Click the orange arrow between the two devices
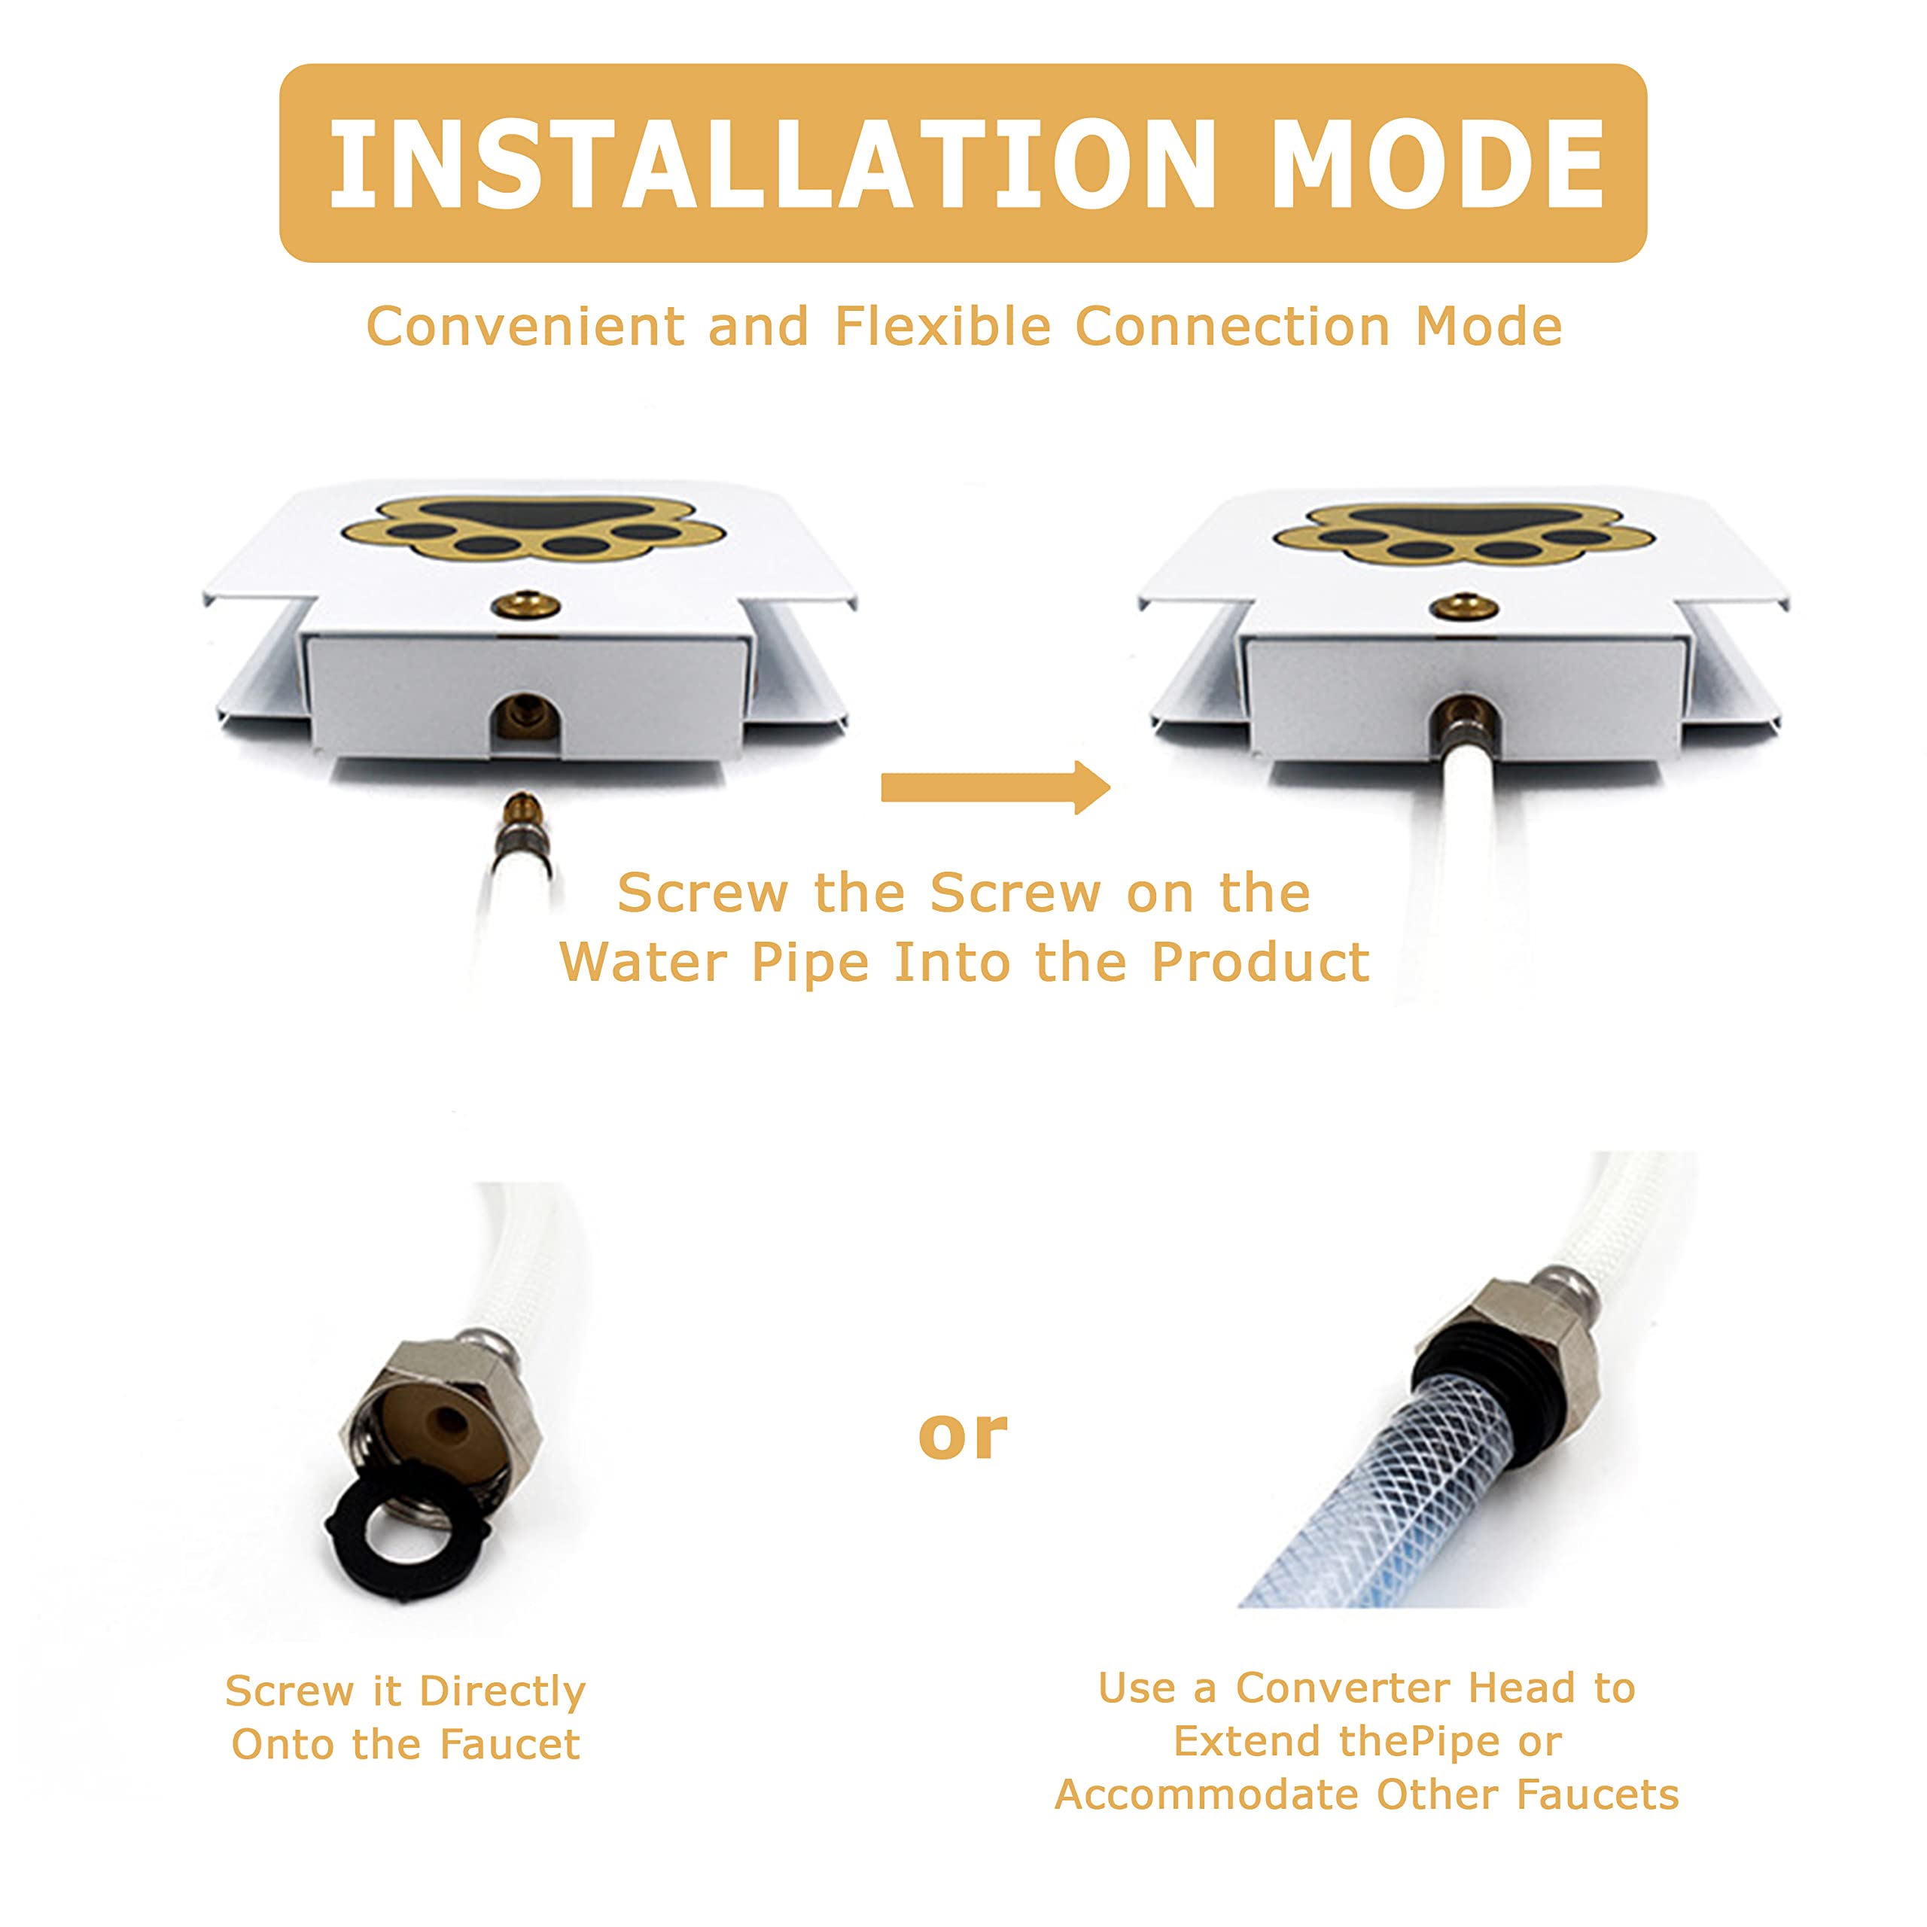coord(995,787)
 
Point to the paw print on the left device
coord(533,528)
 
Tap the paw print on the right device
coord(1463,531)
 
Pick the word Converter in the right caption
coord(1343,1688)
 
